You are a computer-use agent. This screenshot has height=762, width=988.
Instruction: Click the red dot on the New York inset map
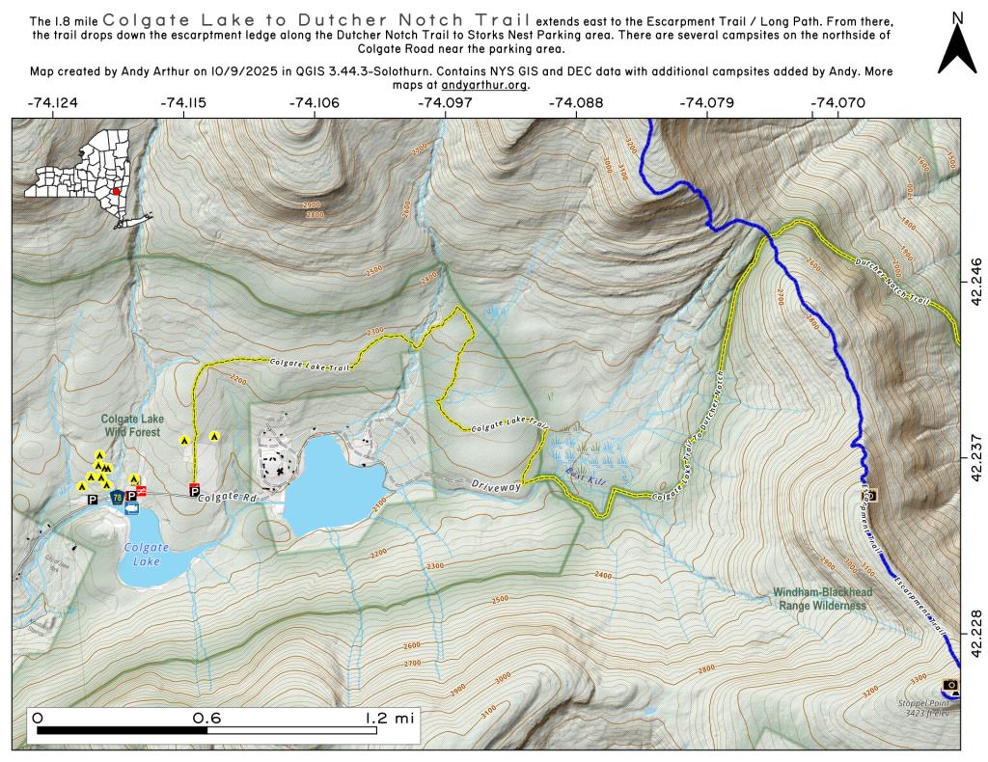click(116, 191)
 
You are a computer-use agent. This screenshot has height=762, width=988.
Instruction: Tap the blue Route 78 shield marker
click(117, 498)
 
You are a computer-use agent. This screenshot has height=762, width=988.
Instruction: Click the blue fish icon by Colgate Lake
click(132, 511)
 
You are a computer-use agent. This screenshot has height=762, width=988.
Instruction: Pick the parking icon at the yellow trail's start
click(194, 490)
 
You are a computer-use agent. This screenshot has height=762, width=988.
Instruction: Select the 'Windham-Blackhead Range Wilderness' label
click(820, 599)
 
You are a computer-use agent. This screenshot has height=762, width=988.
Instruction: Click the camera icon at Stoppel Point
click(951, 685)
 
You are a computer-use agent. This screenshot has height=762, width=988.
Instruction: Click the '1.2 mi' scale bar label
click(390, 719)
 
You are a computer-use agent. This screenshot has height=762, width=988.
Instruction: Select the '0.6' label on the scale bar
click(206, 719)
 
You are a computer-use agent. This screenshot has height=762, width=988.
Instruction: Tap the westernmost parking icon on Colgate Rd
click(93, 500)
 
